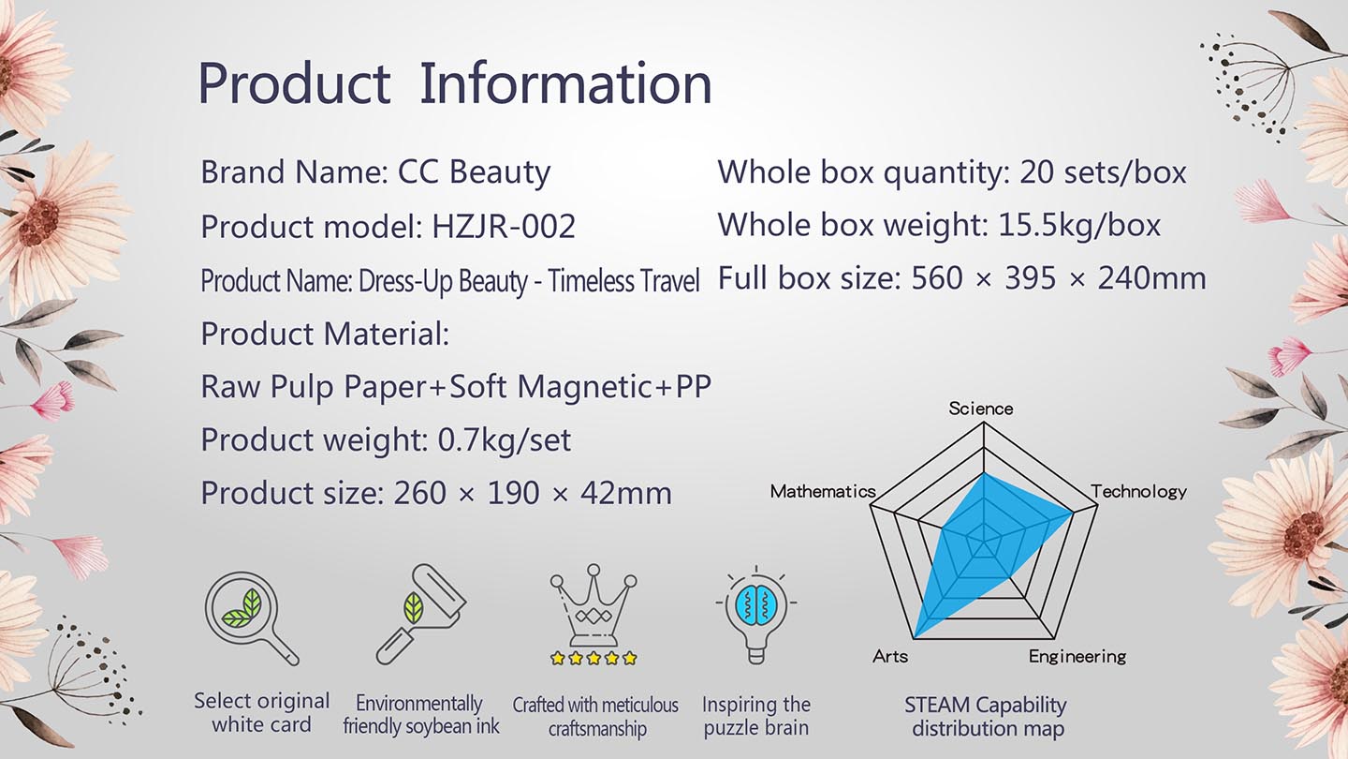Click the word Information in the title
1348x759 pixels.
(565, 83)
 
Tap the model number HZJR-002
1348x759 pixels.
(504, 227)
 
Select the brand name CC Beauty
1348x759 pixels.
(474, 172)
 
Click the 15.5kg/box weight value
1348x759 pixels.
(1079, 226)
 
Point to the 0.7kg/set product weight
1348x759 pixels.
(505, 439)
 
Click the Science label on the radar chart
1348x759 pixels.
(981, 409)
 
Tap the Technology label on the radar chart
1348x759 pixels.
(1139, 492)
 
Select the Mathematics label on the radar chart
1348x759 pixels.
(823, 492)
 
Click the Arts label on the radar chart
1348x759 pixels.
(890, 656)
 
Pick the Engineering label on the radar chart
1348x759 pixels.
(1077, 657)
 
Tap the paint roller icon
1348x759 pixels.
(421, 615)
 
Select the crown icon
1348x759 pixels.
(593, 605)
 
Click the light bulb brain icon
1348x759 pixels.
(756, 615)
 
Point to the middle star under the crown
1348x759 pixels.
(593, 658)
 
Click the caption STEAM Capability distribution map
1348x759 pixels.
(986, 716)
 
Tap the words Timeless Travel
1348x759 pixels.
(623, 281)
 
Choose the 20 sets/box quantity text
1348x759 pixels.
(1103, 172)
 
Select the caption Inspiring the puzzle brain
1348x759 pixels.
(756, 716)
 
